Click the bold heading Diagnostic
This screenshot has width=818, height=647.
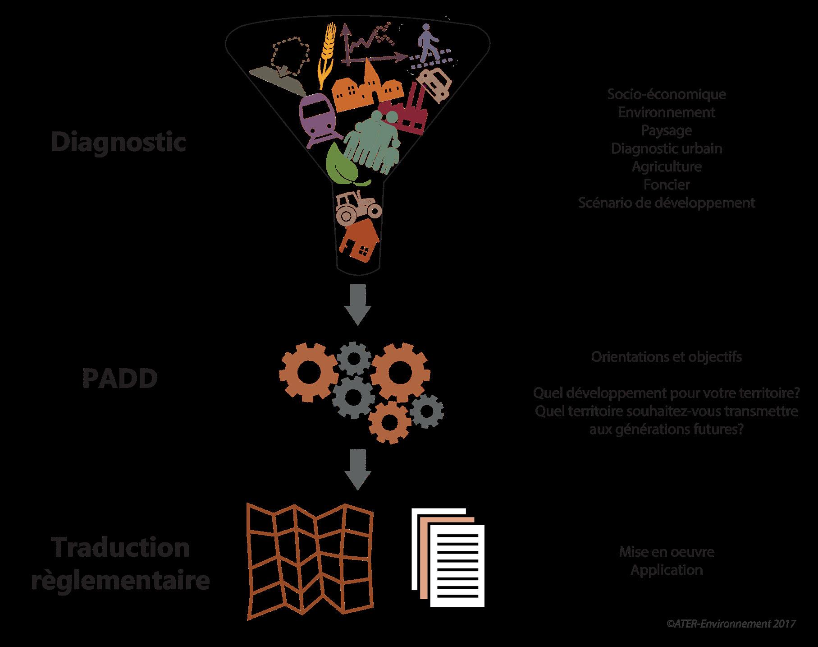coord(119,142)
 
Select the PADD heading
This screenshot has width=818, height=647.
coord(120,379)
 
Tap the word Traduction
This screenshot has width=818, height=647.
coord(121,548)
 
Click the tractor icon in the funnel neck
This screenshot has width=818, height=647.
coord(357,207)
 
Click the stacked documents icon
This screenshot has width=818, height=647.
coord(448,558)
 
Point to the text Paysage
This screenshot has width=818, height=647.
coord(666,130)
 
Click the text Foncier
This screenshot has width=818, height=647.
coord(666,185)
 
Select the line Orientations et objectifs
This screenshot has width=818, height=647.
coord(666,357)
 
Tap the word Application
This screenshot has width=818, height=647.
coord(666,570)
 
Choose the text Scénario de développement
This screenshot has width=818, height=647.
coord(666,203)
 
